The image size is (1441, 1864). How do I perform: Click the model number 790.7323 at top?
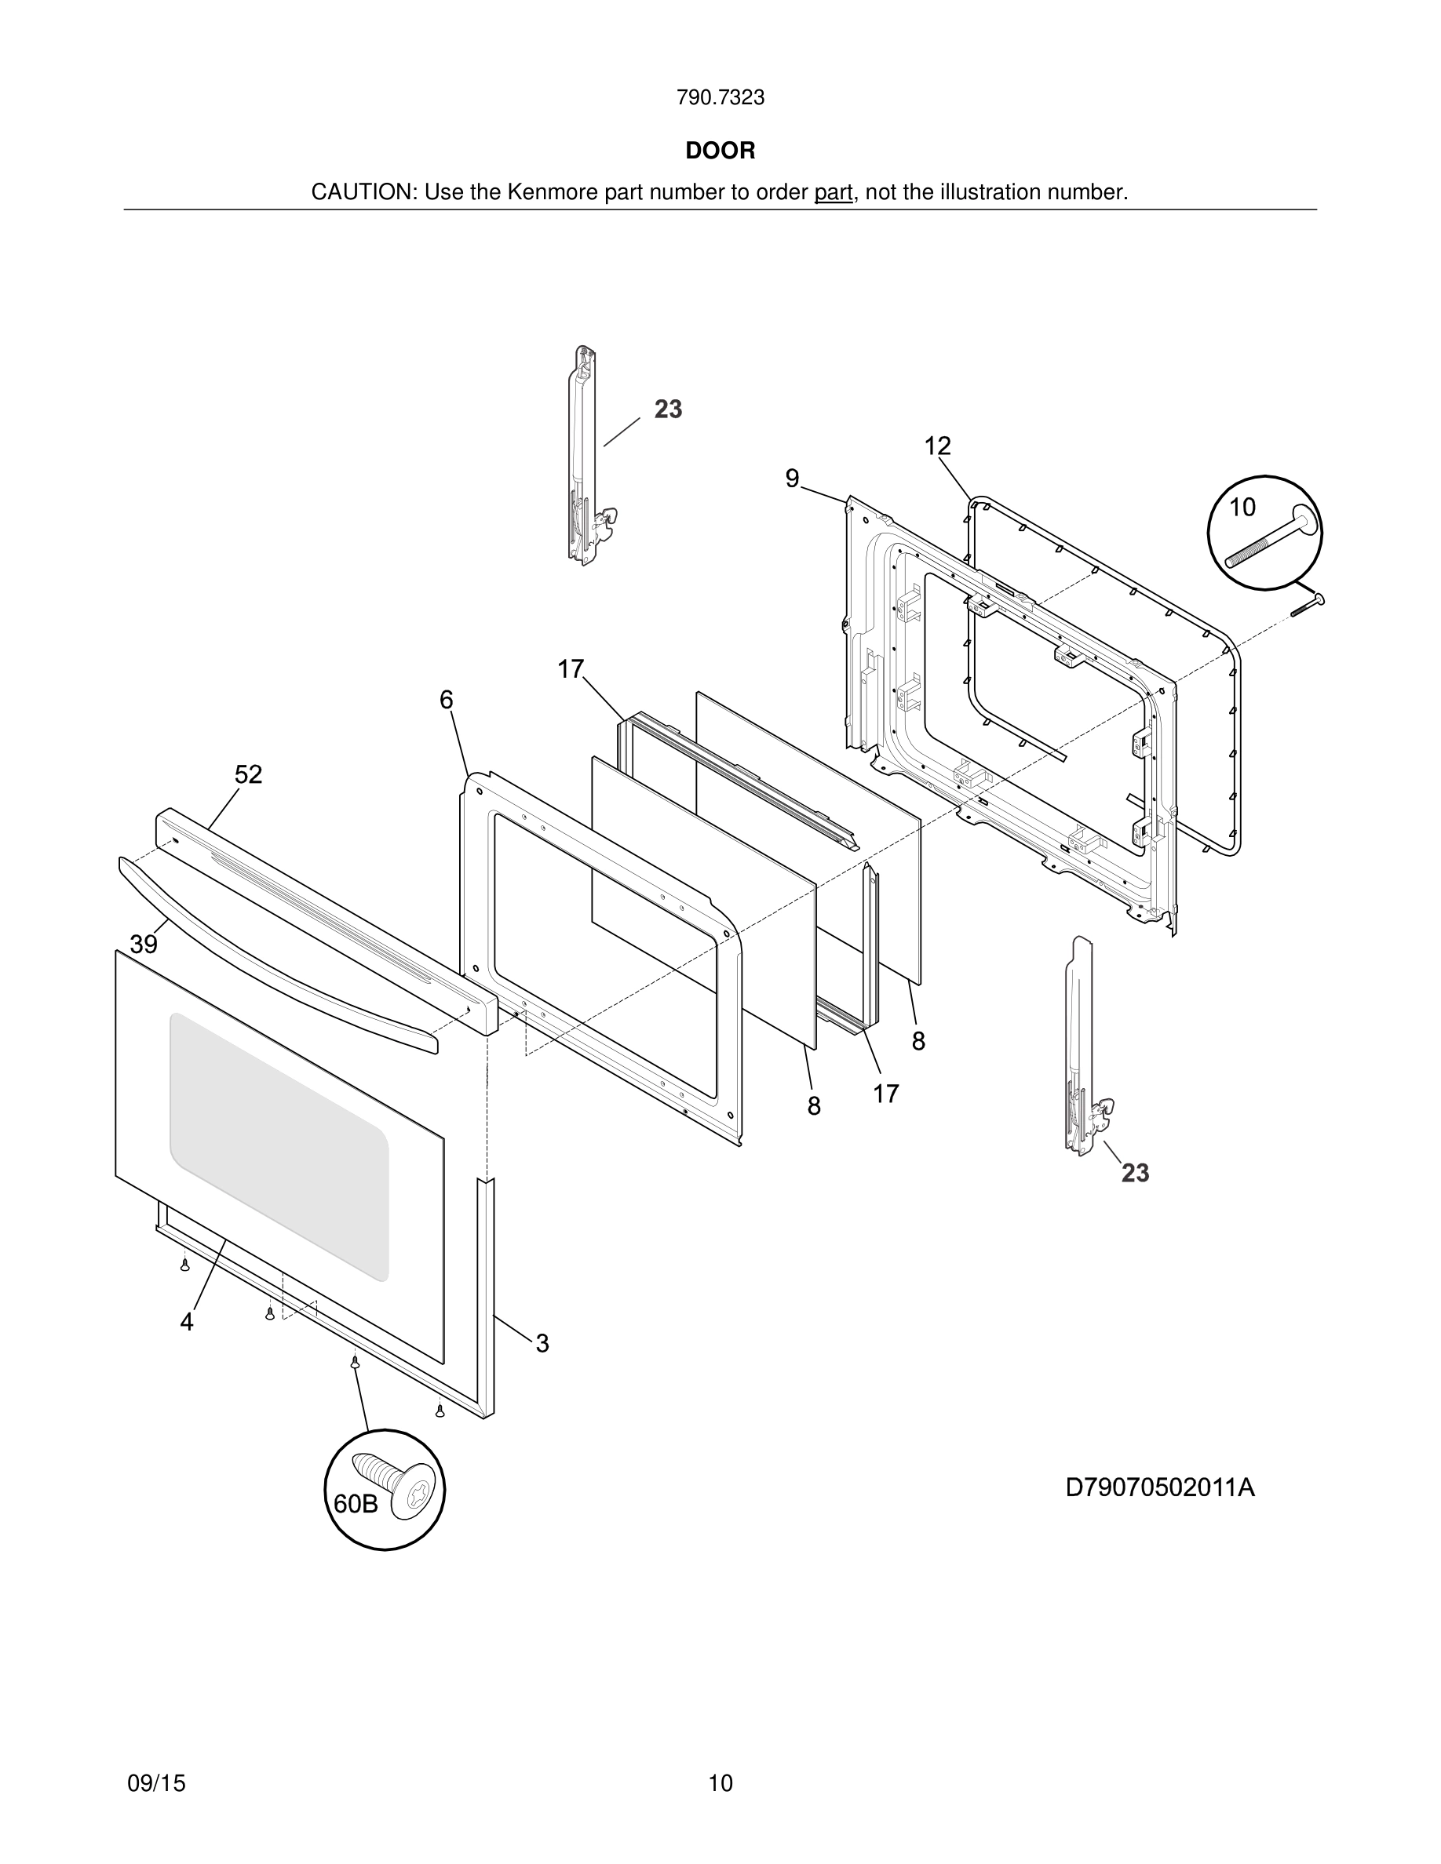coord(720,98)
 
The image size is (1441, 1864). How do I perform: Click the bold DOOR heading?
coord(720,151)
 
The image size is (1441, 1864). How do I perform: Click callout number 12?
coord(936,446)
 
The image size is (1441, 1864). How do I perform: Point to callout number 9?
coord(792,479)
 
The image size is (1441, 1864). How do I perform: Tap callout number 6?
coord(446,700)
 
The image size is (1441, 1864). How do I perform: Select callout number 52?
coord(249,774)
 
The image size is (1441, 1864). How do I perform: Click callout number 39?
coord(144,944)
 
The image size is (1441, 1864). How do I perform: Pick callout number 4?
coord(186,1322)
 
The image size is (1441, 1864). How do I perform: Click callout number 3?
coord(542,1343)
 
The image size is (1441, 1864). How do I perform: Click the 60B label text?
coord(355,1504)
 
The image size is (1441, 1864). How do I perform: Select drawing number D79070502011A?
coord(1159,1487)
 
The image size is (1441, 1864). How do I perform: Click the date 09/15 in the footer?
coord(156,1783)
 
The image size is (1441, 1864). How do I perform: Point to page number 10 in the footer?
coord(720,1783)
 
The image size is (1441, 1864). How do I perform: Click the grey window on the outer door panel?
coord(279,1144)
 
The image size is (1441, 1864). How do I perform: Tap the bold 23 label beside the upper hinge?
coord(668,410)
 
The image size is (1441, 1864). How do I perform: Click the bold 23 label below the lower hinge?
coord(1135,1174)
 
